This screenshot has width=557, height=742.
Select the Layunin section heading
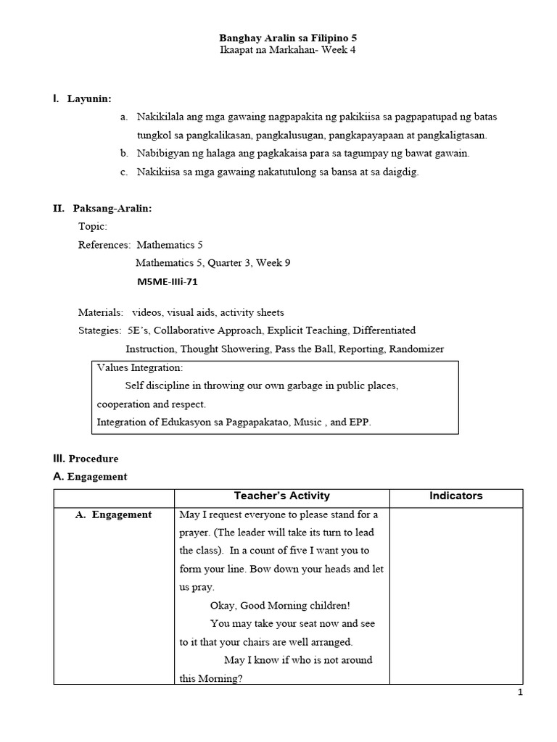(89, 99)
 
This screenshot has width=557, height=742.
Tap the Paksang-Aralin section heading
(112, 209)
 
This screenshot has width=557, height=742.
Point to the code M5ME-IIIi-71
(167, 281)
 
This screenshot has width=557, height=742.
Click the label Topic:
(93, 227)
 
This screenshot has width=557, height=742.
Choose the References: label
(104, 245)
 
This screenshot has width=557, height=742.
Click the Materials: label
(101, 312)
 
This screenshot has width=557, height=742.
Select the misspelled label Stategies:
(99, 331)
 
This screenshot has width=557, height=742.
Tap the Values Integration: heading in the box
(140, 368)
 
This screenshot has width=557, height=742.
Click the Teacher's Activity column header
(281, 496)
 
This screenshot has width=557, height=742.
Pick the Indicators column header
(455, 496)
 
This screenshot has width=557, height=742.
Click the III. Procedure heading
(86, 459)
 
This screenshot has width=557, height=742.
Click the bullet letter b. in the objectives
(124, 153)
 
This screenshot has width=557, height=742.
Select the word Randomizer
(416, 349)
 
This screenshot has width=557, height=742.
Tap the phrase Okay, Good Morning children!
(280, 605)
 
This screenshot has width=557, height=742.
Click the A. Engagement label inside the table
(114, 514)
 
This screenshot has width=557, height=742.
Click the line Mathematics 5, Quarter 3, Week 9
(213, 263)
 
